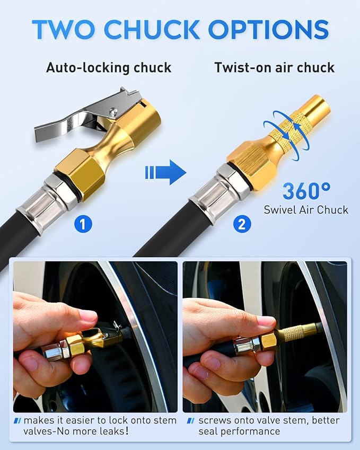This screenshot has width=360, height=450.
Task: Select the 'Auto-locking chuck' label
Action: click(x=108, y=68)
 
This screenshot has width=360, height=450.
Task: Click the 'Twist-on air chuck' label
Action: click(x=274, y=68)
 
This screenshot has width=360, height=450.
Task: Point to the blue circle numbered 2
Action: click(x=241, y=224)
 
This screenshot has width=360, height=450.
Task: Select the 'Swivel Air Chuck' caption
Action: click(x=306, y=210)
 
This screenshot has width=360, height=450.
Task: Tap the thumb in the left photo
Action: click(x=69, y=318)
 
